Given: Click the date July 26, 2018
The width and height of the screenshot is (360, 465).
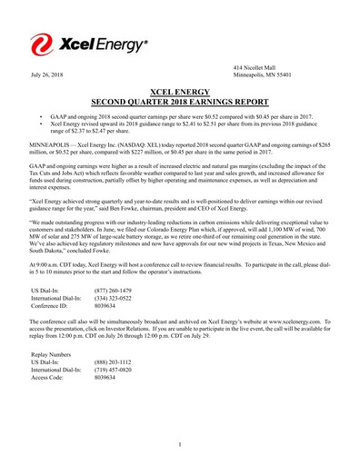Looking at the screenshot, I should click(46, 74).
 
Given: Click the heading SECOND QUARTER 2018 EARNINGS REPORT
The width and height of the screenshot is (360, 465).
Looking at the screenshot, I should click(180, 101).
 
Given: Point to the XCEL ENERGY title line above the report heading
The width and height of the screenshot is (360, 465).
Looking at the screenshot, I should click(180, 92).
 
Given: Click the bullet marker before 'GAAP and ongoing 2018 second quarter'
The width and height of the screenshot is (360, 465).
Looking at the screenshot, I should click(41, 118).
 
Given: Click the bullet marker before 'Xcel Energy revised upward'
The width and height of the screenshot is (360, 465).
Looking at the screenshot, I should click(41, 125).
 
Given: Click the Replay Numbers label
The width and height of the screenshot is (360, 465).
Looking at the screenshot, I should click(51, 354).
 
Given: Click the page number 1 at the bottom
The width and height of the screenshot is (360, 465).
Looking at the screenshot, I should click(180, 444).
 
